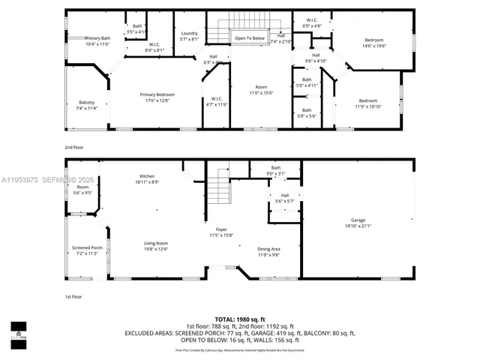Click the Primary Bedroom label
pos(157,94)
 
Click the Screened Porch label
pos(87,247)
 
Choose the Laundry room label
pos(189,34)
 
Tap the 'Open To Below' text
pos(250,37)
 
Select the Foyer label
pos(221,229)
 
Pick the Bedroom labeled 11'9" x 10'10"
pos(367,100)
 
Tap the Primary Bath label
pos(97,38)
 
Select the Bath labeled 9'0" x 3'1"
pos(276,168)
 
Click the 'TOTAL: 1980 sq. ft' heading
pos(239,319)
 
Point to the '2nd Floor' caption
pos(74,148)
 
